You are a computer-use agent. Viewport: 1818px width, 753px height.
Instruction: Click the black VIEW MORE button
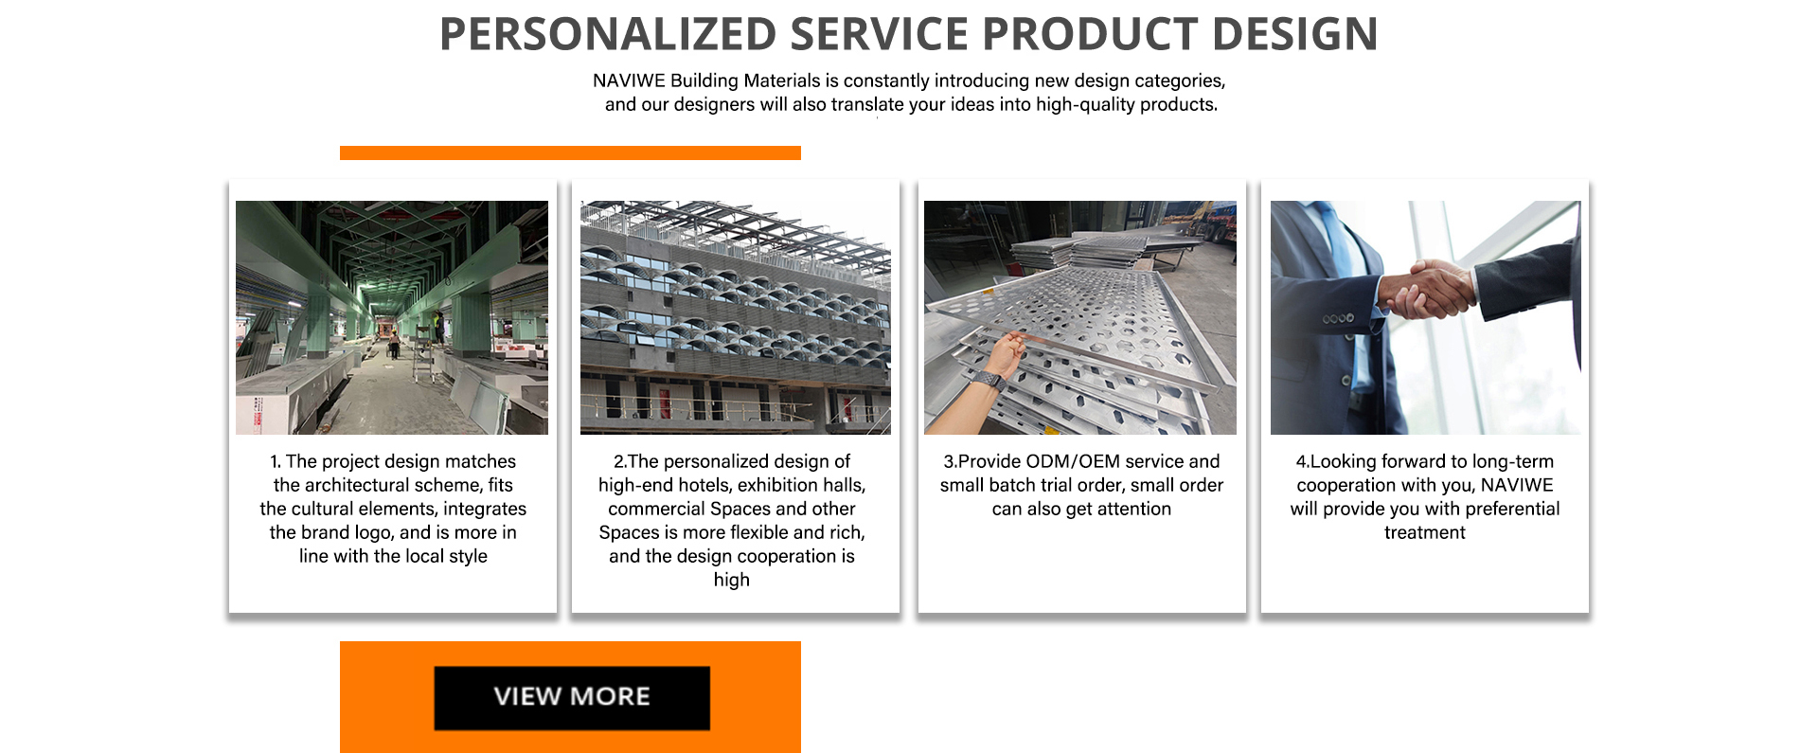click(x=572, y=697)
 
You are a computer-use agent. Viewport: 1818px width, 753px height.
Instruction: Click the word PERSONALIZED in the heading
click(x=608, y=34)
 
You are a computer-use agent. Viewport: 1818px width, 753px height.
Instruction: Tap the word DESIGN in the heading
click(x=1295, y=34)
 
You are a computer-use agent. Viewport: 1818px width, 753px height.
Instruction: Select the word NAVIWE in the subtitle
click(x=629, y=81)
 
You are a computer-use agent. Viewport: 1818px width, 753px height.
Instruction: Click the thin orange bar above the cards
click(x=570, y=152)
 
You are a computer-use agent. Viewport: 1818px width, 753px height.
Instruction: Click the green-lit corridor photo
click(x=392, y=317)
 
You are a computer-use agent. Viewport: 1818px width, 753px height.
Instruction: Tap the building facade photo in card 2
click(x=736, y=317)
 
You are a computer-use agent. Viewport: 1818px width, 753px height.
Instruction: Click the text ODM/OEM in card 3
click(x=1073, y=461)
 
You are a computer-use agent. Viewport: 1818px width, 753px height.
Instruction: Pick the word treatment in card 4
click(x=1424, y=532)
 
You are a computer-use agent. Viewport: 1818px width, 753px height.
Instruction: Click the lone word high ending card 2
click(x=732, y=580)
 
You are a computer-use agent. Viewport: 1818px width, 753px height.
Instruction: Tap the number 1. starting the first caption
click(x=276, y=461)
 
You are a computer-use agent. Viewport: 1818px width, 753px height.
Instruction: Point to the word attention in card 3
click(x=1134, y=509)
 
